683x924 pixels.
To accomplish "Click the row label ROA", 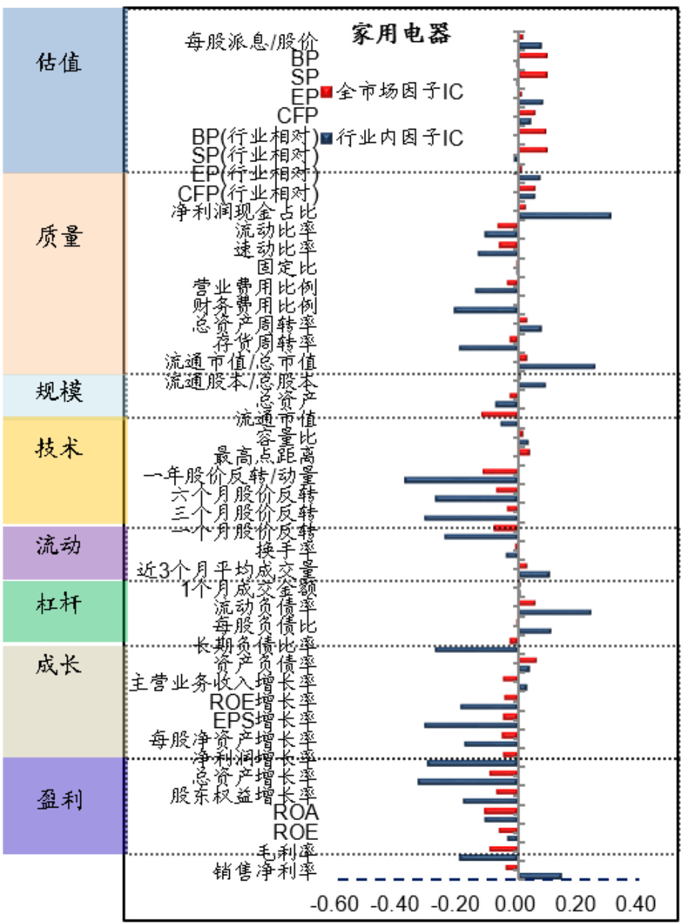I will coord(295,813).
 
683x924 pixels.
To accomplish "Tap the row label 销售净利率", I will coord(266,870).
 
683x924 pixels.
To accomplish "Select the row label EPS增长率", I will coord(264,718).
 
